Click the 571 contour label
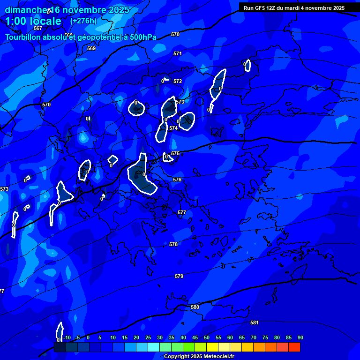[178, 54]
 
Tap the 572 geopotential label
[178, 82]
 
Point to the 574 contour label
[173, 128]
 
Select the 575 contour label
[175, 154]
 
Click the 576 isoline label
[177, 180]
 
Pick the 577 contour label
[182, 213]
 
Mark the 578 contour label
[173, 245]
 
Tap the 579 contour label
[179, 277]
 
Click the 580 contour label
[195, 307]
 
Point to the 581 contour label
[255, 323]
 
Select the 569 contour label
[91, 49]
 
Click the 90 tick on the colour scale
[300, 338]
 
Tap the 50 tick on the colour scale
[207, 338]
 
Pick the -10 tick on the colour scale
[67, 338]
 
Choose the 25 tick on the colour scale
[148, 338]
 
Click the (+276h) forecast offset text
[83, 21]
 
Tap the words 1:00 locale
[33, 22]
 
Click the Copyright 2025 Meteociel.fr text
[199, 357]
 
